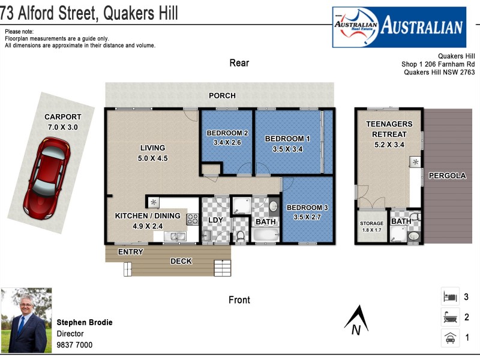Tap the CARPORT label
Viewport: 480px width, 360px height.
coord(62,117)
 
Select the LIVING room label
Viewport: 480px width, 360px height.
coord(152,148)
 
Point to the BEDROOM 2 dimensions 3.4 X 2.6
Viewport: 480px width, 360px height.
coord(227,143)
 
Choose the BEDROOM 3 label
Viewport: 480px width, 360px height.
coord(307,208)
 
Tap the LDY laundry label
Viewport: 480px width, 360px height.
coord(215,220)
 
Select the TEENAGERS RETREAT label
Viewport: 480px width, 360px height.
coord(389,129)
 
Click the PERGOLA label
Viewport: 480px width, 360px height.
coord(447,176)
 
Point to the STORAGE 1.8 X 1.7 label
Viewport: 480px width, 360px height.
coord(371,226)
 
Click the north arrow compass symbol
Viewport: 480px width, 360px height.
coord(357,320)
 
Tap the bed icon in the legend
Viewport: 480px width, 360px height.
coord(449,296)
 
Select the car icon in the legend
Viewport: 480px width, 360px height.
coord(449,338)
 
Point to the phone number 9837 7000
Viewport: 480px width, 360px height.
coord(74,345)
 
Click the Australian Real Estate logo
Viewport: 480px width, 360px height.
coord(399,27)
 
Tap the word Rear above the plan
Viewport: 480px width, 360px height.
coord(239,63)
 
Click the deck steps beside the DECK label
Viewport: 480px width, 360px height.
coord(222,268)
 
